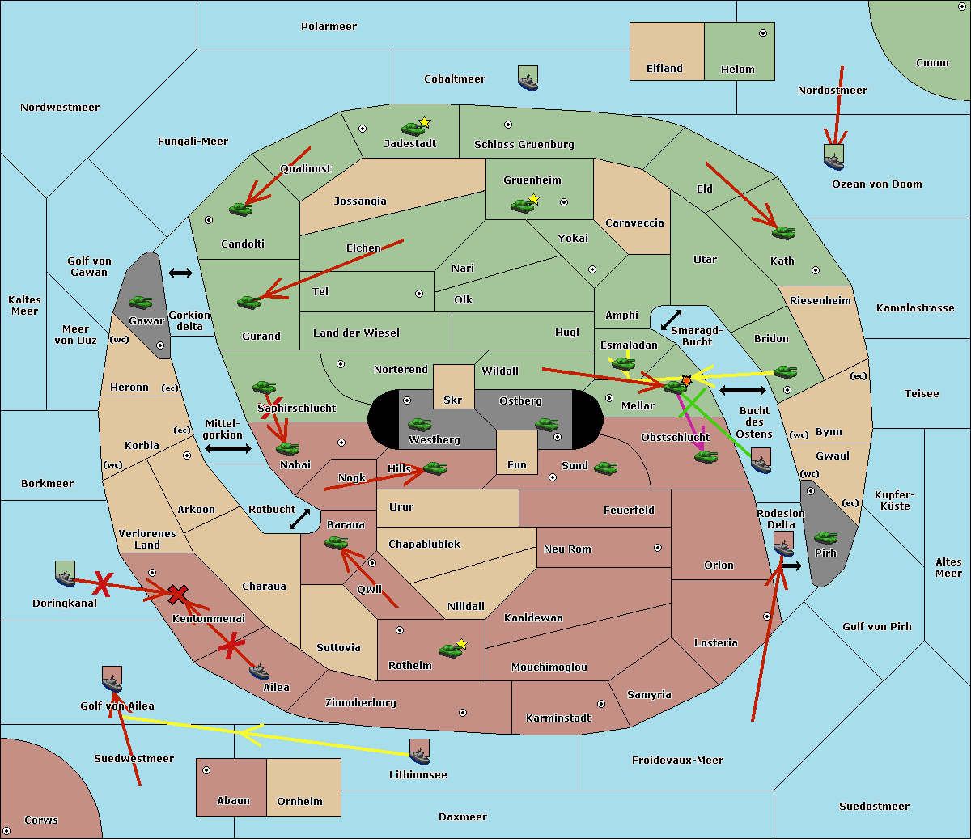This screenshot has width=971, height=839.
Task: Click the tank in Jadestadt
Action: (413, 129)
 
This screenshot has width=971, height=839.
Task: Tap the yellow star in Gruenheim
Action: (534, 199)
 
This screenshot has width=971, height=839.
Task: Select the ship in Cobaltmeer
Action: (528, 78)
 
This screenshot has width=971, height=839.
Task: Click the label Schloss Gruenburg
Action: (524, 144)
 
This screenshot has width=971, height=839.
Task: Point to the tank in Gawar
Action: (141, 302)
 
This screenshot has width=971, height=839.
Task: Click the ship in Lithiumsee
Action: (419, 752)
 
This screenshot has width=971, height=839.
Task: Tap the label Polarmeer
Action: (329, 27)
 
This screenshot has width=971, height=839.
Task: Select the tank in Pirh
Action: (825, 537)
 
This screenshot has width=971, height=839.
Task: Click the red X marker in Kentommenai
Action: (178, 594)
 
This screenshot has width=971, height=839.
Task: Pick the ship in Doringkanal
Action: (65, 574)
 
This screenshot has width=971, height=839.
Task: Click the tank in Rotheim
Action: (450, 650)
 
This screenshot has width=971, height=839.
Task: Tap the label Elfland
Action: (664, 69)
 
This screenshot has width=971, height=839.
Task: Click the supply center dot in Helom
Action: (763, 33)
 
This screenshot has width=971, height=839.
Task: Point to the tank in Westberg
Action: (419, 425)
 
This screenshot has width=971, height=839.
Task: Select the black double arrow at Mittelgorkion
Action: (228, 448)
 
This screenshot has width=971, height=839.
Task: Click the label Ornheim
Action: (299, 801)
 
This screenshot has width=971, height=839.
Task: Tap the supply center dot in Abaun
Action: (206, 770)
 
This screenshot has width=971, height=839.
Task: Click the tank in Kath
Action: (783, 232)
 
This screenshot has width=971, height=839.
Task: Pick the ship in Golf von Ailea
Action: (112, 680)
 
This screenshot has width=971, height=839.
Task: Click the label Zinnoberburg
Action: (361, 703)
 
